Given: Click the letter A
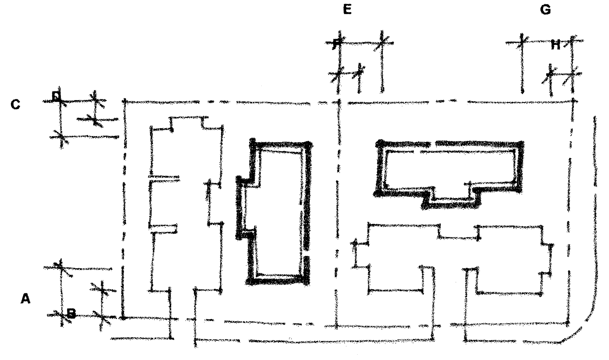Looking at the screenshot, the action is click(25, 299).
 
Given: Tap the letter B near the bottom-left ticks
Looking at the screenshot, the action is click(71, 313).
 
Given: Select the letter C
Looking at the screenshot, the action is click(16, 104).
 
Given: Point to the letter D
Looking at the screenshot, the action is click(56, 96).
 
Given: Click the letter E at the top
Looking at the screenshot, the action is click(347, 9).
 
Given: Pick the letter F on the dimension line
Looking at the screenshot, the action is click(336, 44).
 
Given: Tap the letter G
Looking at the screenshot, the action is click(545, 10).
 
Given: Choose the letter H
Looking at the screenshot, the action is click(555, 45).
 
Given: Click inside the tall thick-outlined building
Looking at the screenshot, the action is click(280, 212).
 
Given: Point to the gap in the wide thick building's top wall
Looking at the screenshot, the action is click(433, 144).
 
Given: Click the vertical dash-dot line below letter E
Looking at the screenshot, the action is click(336, 212).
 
